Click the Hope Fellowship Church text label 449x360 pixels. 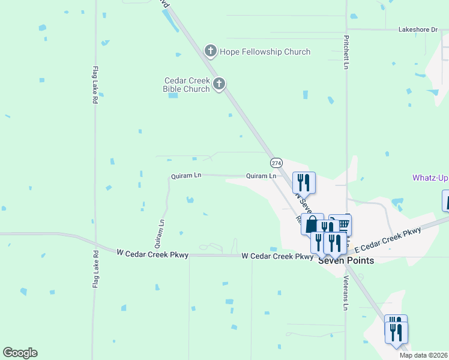click(x=265, y=52)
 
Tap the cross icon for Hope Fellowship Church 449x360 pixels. click(x=210, y=51)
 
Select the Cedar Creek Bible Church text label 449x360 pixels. click(x=187, y=85)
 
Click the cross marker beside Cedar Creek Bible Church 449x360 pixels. click(x=219, y=83)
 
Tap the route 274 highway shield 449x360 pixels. click(x=276, y=163)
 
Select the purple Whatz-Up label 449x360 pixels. click(x=430, y=178)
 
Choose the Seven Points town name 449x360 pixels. click(x=346, y=260)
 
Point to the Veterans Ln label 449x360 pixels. click(x=346, y=296)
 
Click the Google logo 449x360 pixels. click(x=20, y=353)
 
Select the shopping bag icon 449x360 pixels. click(x=312, y=225)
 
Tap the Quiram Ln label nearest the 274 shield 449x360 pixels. click(x=261, y=176)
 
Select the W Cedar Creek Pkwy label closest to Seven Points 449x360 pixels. click(x=277, y=256)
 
